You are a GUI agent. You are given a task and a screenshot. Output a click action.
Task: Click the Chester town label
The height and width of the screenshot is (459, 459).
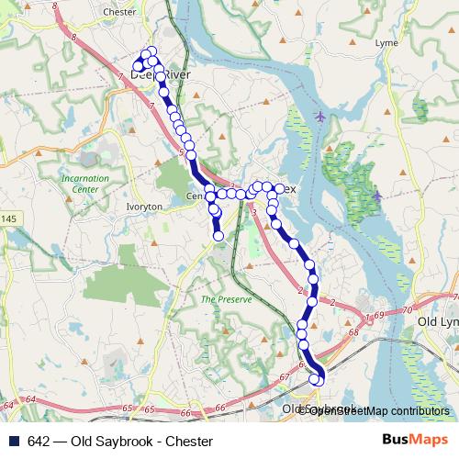pyautogui.click(x=120, y=13)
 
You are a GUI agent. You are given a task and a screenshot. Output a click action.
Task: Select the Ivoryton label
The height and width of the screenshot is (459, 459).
pyautogui.click(x=144, y=207)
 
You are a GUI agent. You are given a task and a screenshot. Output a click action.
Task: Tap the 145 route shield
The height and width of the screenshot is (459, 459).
pyautogui.click(x=8, y=218)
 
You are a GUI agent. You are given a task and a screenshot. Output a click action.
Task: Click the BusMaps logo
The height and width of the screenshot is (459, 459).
pyautogui.click(x=421, y=441)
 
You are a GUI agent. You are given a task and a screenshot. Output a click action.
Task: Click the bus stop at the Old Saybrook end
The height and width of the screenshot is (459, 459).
pyautogui.click(x=319, y=379)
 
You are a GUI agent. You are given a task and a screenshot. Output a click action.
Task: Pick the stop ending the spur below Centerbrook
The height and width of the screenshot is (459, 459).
pyautogui.click(x=218, y=237)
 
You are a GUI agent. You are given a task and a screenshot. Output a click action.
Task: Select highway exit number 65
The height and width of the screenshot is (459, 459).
pyautogui.click(x=127, y=407)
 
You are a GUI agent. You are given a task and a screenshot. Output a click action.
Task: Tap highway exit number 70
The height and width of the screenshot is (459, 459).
pyautogui.click(x=431, y=310)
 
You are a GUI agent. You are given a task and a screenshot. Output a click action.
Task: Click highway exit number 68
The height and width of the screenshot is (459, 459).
pyautogui.click(x=354, y=333)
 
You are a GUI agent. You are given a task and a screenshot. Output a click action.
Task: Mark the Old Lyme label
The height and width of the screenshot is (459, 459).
pyautogui.click(x=437, y=323)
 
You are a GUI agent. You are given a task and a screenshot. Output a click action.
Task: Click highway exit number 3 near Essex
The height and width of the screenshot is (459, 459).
pyautogui.click(x=252, y=211)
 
